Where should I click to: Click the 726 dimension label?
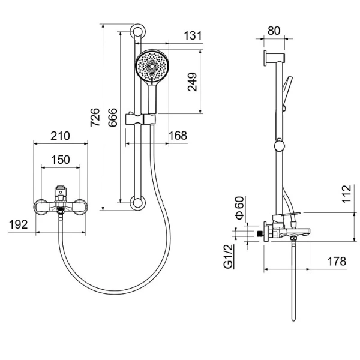point(95,117)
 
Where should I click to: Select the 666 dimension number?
point(113,118)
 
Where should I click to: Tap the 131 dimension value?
point(193,35)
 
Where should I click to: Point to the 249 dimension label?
point(192,82)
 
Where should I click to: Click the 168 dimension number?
point(178,136)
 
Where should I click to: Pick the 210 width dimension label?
point(60,136)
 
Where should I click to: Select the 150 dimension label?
point(61,160)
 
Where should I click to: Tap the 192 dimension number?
point(19,224)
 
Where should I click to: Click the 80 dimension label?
point(274,31)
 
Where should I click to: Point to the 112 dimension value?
point(346,194)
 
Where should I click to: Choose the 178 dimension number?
point(337,261)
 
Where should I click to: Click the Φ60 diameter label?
point(239,208)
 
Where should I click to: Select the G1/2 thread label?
point(229,256)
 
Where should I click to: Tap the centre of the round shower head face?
point(152,66)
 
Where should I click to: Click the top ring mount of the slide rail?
point(137,31)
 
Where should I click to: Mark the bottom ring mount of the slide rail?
point(137,203)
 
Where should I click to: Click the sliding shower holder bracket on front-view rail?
point(140,119)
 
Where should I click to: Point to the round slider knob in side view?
point(280,145)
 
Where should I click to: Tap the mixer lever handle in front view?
point(61,191)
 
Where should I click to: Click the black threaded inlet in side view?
point(260,234)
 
